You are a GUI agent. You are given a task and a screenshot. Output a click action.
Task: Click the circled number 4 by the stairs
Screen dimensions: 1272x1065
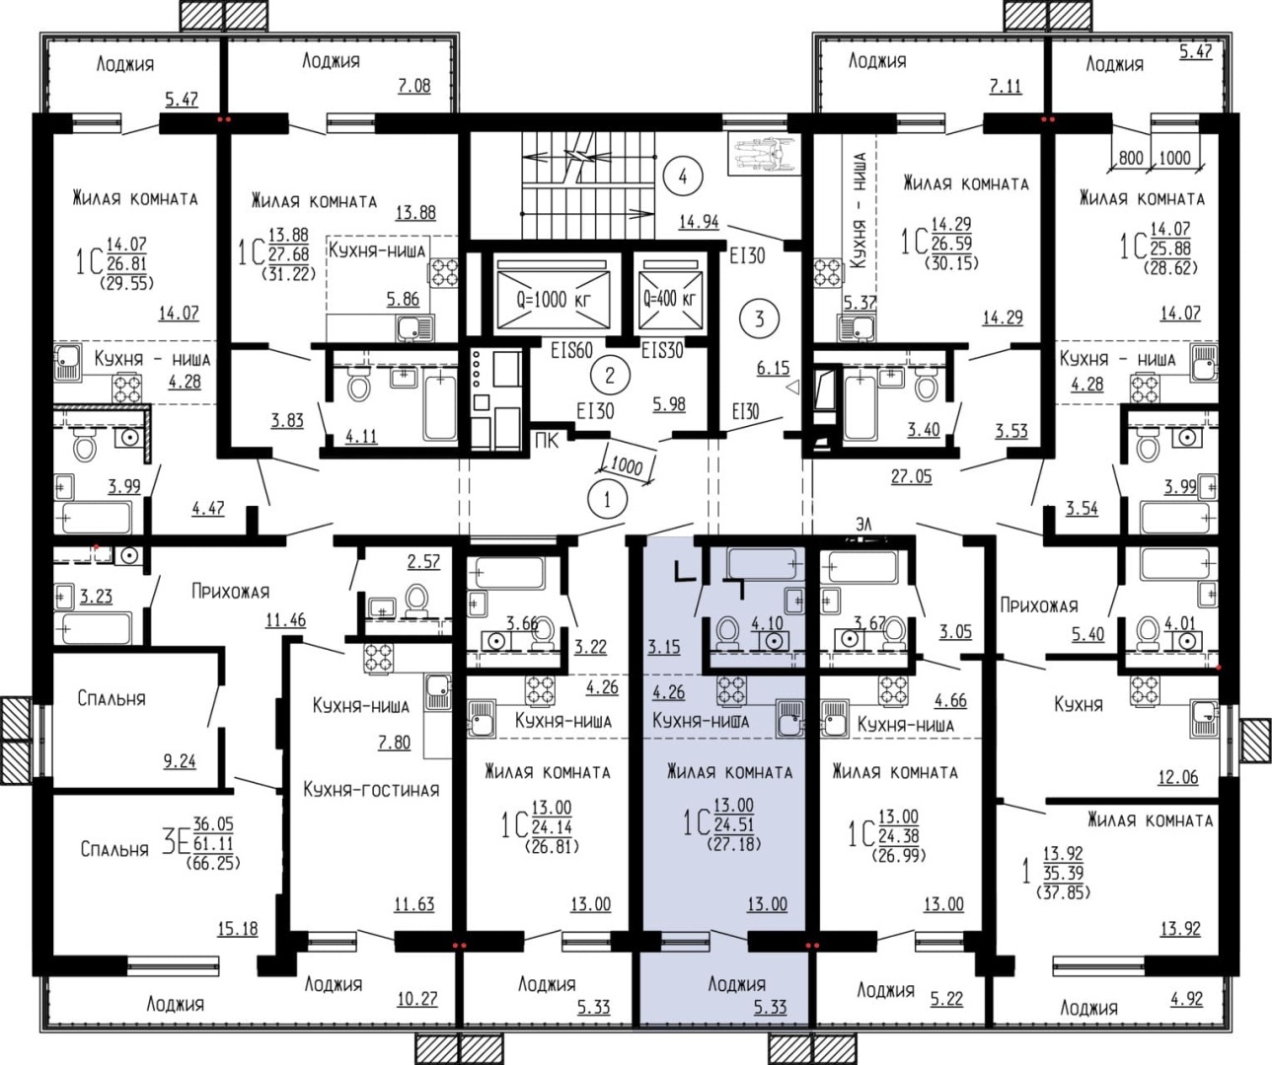click(682, 177)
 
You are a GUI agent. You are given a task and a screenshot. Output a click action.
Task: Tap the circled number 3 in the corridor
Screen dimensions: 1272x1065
click(759, 319)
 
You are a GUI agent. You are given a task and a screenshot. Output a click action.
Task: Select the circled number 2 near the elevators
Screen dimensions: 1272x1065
click(609, 375)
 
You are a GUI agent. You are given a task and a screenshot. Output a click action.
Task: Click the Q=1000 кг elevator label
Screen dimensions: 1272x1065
click(554, 299)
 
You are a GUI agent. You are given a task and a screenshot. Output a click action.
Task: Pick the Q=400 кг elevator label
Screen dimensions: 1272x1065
click(669, 299)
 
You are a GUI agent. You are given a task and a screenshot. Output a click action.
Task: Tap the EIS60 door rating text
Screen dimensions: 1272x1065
click(571, 350)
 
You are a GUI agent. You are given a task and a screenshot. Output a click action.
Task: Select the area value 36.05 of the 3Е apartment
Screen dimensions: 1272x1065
click(213, 823)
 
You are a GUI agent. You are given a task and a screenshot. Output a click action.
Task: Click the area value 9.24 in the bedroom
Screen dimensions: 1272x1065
click(180, 761)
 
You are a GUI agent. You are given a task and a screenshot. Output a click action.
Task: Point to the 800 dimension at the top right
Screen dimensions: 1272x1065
click(1131, 158)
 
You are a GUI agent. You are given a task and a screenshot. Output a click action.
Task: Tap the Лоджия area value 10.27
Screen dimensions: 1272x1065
click(417, 999)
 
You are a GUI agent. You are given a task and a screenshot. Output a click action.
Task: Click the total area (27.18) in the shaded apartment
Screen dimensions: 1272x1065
click(734, 844)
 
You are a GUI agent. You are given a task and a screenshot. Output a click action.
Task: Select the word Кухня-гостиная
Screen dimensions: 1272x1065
click(372, 790)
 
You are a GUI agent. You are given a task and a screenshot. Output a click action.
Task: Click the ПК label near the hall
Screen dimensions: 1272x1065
click(547, 441)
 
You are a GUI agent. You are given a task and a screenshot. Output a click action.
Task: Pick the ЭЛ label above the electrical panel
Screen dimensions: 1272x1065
click(863, 525)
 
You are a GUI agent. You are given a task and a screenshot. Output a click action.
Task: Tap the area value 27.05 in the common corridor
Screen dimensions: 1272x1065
click(912, 476)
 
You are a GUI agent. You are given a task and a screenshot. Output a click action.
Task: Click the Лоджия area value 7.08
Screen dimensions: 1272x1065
click(414, 85)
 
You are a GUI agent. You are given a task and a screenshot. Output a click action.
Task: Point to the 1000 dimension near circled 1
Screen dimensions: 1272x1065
click(627, 466)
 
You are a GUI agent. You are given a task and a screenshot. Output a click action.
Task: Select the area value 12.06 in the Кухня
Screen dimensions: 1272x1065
click(1178, 777)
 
